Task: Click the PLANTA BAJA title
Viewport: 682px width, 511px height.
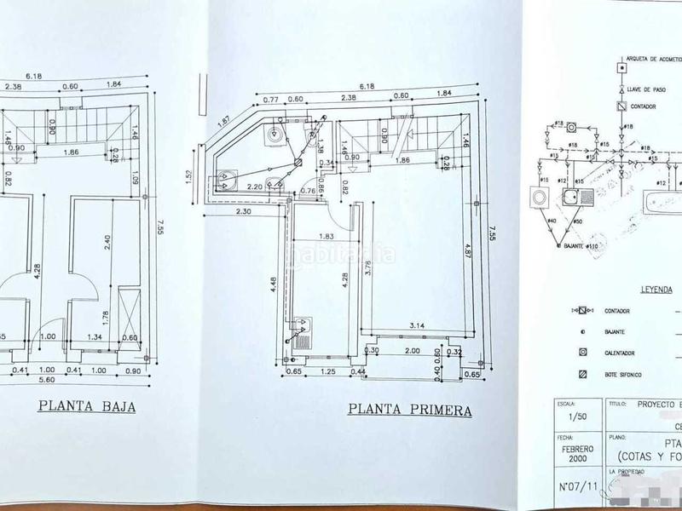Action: pos(88,406)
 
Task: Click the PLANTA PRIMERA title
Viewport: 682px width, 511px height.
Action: pos(410,410)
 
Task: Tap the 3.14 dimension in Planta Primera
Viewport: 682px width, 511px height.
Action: pos(417,324)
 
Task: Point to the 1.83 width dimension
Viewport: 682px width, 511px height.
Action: pos(325,237)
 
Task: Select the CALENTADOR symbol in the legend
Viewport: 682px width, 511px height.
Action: pos(583,351)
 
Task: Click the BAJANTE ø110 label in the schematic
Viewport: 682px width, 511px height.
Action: pos(581,245)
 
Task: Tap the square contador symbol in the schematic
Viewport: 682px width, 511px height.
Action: pos(621,106)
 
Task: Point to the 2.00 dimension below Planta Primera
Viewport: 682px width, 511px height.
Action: pos(412,350)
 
